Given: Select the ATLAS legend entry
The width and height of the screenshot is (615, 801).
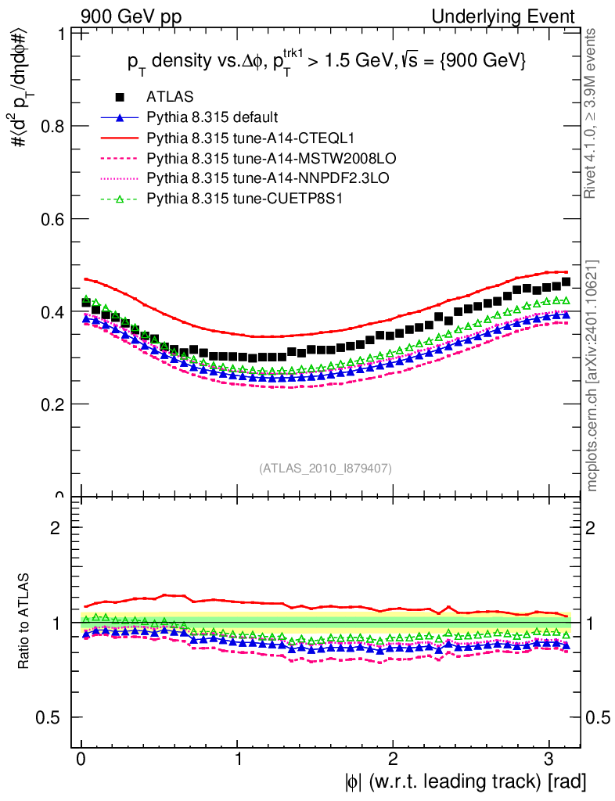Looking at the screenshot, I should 165,98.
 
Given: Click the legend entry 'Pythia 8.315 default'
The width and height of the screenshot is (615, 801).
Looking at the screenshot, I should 211,118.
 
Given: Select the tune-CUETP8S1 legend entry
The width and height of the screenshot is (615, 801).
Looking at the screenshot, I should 234,199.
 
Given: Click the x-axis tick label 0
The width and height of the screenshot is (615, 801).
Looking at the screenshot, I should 81,760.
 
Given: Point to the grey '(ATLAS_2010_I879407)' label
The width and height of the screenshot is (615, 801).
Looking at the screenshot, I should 325,469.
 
